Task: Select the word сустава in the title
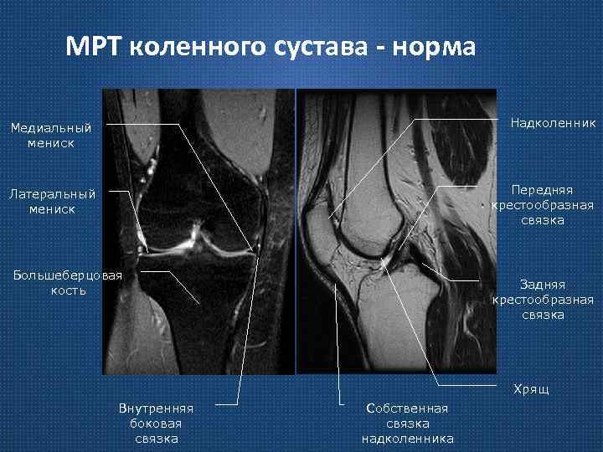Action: [x=322, y=47]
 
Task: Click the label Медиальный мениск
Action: [x=50, y=136]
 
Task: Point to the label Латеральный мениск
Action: [x=52, y=201]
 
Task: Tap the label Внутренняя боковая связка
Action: [x=157, y=423]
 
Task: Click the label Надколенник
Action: [x=554, y=123]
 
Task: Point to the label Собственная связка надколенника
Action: [x=407, y=423]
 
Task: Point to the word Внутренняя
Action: [x=157, y=408]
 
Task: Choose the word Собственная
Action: [x=407, y=408]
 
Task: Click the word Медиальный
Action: [x=50, y=128]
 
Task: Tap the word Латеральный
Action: [x=52, y=193]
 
